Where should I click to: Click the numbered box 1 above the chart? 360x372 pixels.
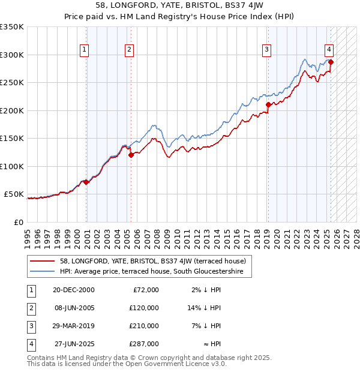[85, 50]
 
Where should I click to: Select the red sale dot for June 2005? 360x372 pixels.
[131, 155]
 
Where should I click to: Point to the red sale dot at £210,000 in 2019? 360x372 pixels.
[268, 104]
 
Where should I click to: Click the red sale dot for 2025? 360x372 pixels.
[331, 62]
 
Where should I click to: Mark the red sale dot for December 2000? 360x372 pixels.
[86, 182]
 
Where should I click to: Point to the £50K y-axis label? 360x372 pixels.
[14, 194]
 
